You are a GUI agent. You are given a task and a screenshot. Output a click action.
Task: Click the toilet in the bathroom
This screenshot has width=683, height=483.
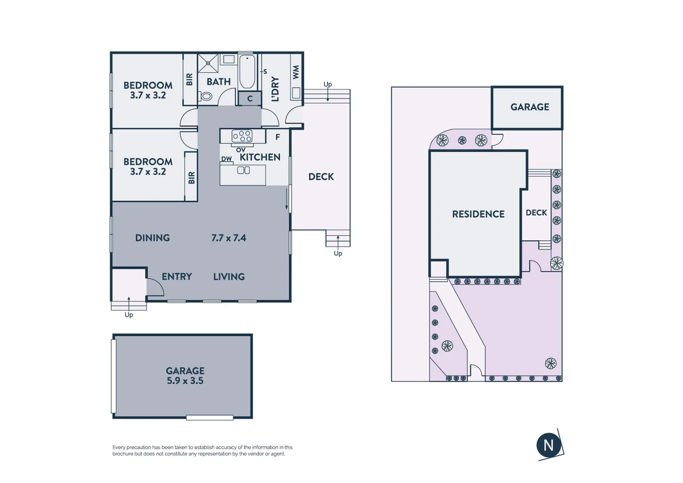[x=206, y=96]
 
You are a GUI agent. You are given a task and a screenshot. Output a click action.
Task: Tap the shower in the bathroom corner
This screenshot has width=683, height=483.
[x=208, y=63]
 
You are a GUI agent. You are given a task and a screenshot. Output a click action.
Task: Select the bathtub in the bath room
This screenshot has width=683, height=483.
[x=247, y=72]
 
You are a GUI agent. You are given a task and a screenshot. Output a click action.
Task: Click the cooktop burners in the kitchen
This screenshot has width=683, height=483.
[x=242, y=136]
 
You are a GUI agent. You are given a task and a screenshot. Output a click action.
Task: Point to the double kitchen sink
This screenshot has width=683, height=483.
[x=243, y=170]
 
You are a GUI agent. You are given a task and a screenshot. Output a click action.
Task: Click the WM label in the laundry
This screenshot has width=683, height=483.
[x=295, y=72]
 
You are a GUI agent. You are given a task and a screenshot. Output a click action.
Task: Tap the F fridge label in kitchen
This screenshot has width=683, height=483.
[x=278, y=137]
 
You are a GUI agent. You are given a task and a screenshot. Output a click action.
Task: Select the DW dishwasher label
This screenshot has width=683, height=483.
[x=227, y=159]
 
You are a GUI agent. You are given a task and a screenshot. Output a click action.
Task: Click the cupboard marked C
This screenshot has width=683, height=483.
[x=250, y=99]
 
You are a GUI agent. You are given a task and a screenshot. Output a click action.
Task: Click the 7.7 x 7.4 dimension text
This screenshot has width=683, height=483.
[x=228, y=238]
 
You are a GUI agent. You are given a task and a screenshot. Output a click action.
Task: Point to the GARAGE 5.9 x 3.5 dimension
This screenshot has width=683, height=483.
[x=185, y=381]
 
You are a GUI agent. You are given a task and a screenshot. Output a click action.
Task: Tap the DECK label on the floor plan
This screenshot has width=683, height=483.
[x=321, y=177]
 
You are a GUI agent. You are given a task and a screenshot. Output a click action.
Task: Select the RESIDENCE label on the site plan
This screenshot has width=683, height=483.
[x=478, y=214]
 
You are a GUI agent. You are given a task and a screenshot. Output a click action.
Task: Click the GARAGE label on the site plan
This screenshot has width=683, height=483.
[x=529, y=107]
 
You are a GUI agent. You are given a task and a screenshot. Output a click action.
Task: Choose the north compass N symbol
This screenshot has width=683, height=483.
[x=548, y=445]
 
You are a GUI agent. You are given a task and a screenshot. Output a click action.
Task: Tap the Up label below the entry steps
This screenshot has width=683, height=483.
[x=129, y=315]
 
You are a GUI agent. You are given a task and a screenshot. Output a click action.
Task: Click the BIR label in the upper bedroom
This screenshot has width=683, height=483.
[x=190, y=80]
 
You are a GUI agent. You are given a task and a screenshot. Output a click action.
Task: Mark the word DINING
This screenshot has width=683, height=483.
[x=152, y=238]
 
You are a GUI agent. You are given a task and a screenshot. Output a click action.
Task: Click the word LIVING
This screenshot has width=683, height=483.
[x=229, y=277]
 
